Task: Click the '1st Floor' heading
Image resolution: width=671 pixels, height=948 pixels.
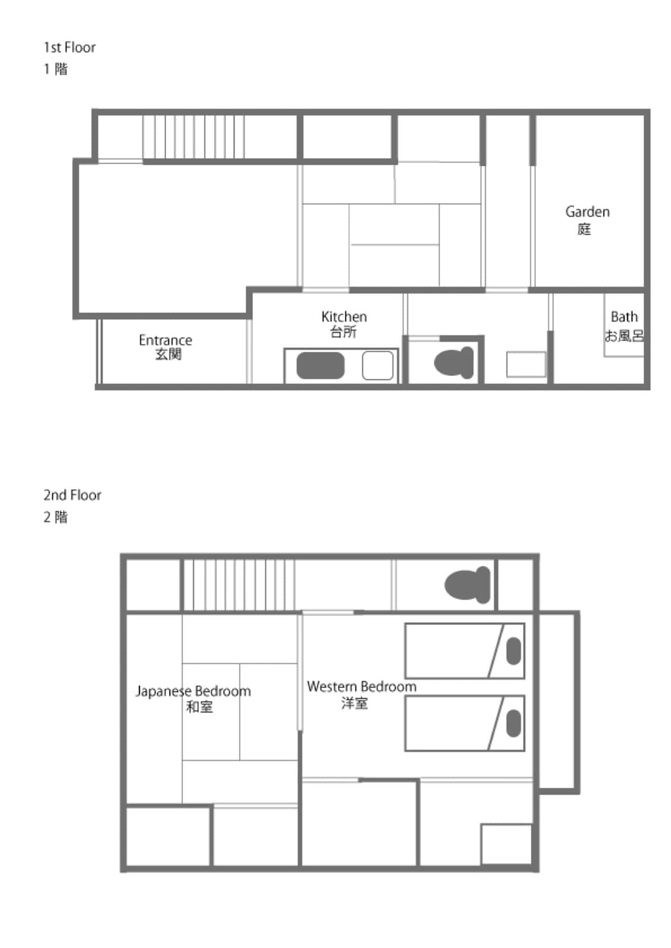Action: tap(70, 48)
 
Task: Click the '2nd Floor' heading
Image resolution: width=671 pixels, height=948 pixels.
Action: tap(72, 495)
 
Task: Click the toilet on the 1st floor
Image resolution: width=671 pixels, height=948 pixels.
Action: tap(454, 362)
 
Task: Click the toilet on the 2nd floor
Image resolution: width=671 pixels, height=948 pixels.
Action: tap(468, 585)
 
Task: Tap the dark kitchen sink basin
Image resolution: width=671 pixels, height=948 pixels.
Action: tap(320, 365)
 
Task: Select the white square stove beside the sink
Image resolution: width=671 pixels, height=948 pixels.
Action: tap(377, 365)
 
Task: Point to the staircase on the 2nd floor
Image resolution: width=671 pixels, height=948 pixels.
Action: tap(238, 585)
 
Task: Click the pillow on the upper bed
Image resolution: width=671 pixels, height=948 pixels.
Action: tap(514, 651)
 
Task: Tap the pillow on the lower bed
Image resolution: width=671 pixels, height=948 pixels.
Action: tap(514, 723)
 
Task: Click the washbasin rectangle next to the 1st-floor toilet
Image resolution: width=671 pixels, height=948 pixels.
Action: tap(526, 365)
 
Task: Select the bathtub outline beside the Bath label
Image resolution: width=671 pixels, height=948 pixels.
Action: tap(624, 325)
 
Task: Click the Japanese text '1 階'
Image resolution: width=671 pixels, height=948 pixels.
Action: tap(56, 69)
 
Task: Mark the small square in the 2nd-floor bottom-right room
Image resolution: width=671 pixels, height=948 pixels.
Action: tap(507, 845)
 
